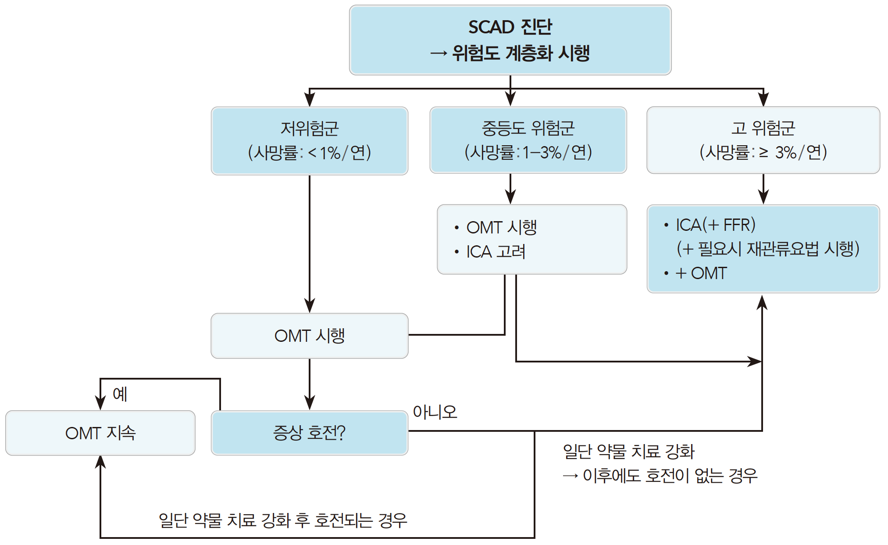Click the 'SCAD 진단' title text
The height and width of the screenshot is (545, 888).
[x=510, y=27]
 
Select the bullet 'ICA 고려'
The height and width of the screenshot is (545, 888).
[x=496, y=252]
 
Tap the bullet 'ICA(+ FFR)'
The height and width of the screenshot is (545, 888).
[x=715, y=225]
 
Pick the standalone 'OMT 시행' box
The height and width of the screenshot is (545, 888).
[x=310, y=336]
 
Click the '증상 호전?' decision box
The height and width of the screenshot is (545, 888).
[x=310, y=433]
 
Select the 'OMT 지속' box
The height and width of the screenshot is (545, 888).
[x=100, y=433]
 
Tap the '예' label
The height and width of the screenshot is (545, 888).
[x=120, y=394]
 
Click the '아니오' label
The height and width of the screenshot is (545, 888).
[x=435, y=412]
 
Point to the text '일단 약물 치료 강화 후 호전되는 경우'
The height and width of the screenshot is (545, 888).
[x=283, y=520]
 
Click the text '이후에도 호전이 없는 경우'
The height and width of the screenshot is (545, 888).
[x=670, y=475]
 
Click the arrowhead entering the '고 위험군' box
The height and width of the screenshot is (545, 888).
[x=763, y=99]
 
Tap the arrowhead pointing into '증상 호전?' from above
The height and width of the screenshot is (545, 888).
[x=310, y=402]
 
